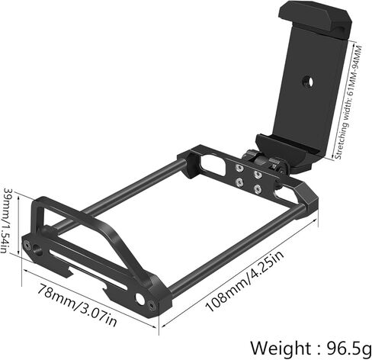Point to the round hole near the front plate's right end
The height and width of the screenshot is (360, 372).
tap(139, 297)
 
